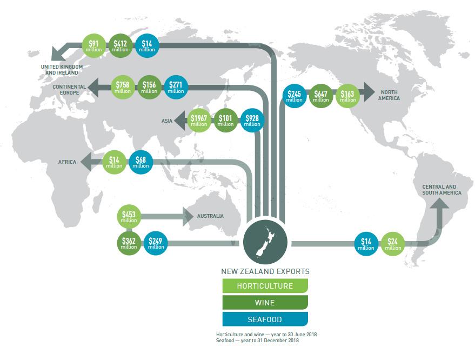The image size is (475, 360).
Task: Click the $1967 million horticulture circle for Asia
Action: click(x=199, y=121)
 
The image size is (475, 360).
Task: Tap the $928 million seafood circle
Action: click(x=252, y=121)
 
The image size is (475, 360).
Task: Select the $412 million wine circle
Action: click(x=120, y=46)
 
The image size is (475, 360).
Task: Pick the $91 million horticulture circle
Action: click(x=93, y=46)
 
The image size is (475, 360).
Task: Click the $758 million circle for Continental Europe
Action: click(x=123, y=87)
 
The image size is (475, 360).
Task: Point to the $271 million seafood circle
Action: click(x=176, y=87)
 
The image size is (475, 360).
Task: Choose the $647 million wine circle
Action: click(x=321, y=96)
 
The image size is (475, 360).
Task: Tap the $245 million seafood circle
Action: click(x=295, y=96)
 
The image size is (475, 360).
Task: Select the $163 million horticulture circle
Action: click(x=348, y=96)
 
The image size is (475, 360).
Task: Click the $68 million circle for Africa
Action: click(x=141, y=162)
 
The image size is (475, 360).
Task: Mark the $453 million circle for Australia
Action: click(x=129, y=217)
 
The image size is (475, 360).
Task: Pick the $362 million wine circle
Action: click(x=129, y=243)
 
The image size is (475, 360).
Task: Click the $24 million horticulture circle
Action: click(x=393, y=244)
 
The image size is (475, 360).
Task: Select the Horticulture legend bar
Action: click(x=265, y=285)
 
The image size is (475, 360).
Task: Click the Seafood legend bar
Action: click(x=265, y=319)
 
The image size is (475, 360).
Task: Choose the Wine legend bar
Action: click(x=265, y=302)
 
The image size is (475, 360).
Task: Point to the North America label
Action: click(x=390, y=95)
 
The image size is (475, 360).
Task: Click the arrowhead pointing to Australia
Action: click(x=188, y=217)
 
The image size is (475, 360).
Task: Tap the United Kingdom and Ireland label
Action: click(x=62, y=69)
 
